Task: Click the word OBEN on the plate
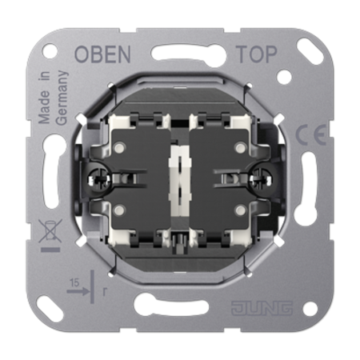102,54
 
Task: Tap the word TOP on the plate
257,54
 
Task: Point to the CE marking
311,134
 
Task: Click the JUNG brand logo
262,308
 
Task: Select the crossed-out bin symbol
50,231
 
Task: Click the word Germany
62,98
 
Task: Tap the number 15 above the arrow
74,282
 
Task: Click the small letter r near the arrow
105,292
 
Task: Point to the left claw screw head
98,178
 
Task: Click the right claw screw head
262,178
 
